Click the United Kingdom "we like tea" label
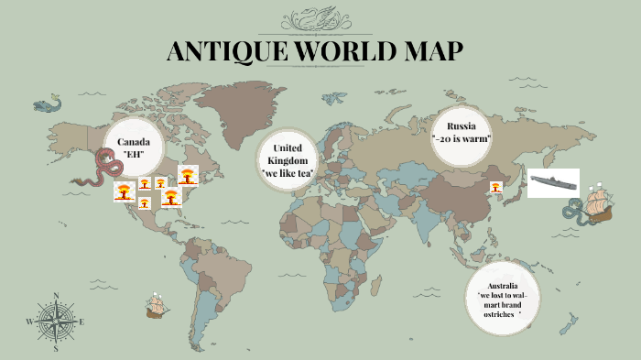(288, 160)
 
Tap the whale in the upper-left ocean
(48, 105)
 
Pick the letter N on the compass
(56, 295)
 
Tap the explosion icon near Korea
(495, 187)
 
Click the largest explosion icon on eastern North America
(188, 174)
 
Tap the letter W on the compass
(29, 322)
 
